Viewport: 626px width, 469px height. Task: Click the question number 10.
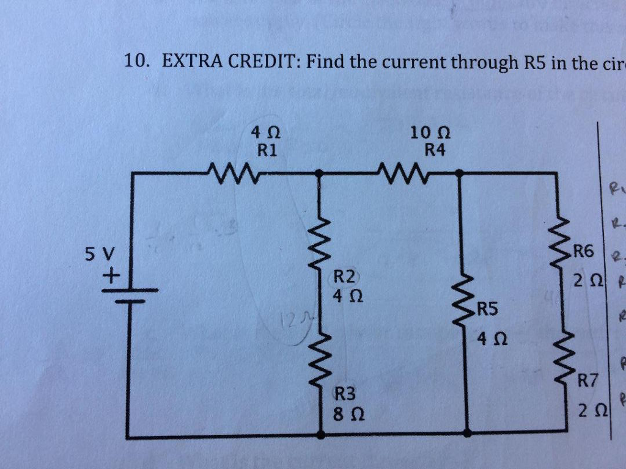tap(136, 61)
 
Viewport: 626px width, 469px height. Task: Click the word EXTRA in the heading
tap(192, 61)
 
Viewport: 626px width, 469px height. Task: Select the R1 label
tap(266, 150)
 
